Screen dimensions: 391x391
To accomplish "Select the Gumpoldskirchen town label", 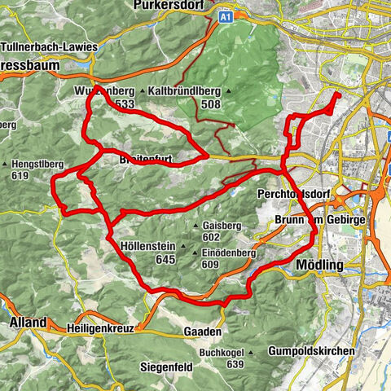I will coord(310,351).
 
